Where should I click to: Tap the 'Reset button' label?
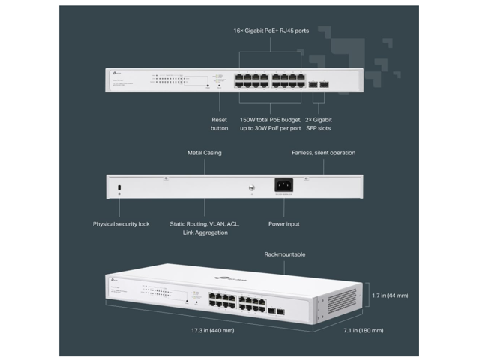point(219,124)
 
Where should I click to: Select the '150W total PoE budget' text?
point(270,119)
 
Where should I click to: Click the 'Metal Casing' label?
point(204,153)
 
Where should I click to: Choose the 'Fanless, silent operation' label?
point(323,153)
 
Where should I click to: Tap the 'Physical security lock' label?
point(121,223)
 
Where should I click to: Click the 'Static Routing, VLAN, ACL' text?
point(204,223)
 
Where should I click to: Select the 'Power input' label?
point(283,223)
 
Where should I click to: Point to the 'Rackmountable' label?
point(284,255)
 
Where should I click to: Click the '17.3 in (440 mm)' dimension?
point(213,329)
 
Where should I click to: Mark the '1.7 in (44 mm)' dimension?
point(390,295)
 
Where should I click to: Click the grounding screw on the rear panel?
point(251,188)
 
